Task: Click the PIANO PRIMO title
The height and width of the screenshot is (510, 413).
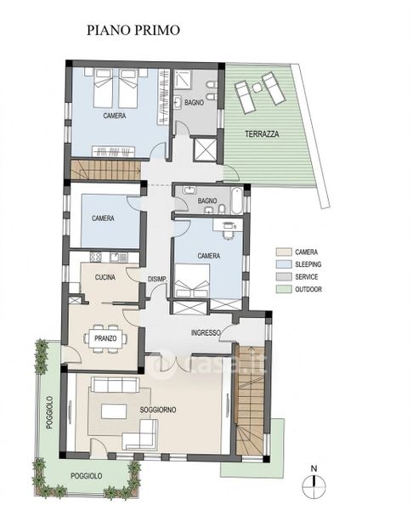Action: [x=133, y=30]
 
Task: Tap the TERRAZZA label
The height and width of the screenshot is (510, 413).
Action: [x=262, y=133]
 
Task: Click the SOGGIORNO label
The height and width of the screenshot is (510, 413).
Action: [x=158, y=410]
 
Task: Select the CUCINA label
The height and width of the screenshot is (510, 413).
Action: [x=105, y=277]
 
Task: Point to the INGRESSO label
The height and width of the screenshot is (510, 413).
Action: [x=206, y=332]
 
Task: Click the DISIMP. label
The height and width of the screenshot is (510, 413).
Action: [x=157, y=279]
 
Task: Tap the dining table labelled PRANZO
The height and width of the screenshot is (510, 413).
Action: [x=105, y=338]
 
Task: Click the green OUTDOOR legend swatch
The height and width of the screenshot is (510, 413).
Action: [x=284, y=289]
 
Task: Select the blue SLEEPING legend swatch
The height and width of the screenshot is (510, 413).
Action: [x=284, y=264]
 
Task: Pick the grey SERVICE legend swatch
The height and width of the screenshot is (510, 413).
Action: [x=284, y=277]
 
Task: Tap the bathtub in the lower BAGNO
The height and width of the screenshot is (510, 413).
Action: [x=236, y=200]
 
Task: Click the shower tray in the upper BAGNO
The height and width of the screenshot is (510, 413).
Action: [x=184, y=79]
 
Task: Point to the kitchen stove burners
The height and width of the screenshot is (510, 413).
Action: [x=96, y=258]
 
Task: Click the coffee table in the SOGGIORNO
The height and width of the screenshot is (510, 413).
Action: [x=114, y=411]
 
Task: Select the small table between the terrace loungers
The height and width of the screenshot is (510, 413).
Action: [x=257, y=88]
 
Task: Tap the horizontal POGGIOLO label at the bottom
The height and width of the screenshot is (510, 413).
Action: [x=86, y=476]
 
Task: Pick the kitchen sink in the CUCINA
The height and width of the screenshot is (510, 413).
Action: [x=119, y=258]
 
